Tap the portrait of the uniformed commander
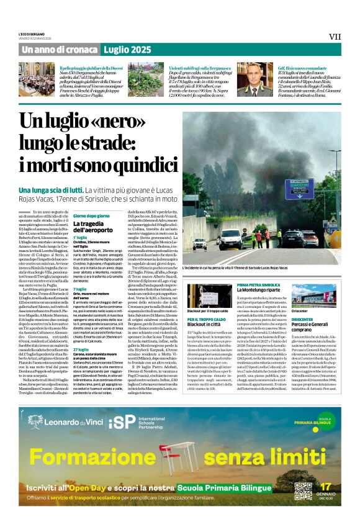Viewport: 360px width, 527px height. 248,79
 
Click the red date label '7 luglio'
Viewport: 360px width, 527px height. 79,289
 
